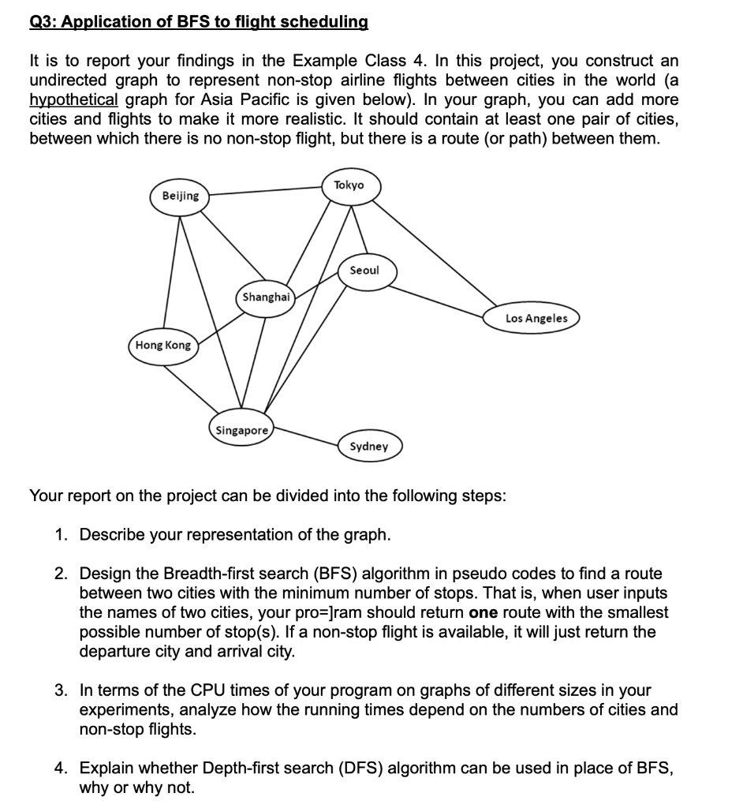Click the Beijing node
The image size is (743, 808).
tap(181, 196)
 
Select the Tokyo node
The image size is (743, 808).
tap(349, 185)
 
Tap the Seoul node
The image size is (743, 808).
tap(364, 271)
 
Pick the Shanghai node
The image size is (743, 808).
tap(267, 297)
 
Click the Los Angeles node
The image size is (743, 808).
tap(536, 318)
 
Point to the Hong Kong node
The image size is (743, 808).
tap(162, 346)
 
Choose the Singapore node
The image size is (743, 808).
tap(241, 431)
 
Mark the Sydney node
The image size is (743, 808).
tap(368, 447)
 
